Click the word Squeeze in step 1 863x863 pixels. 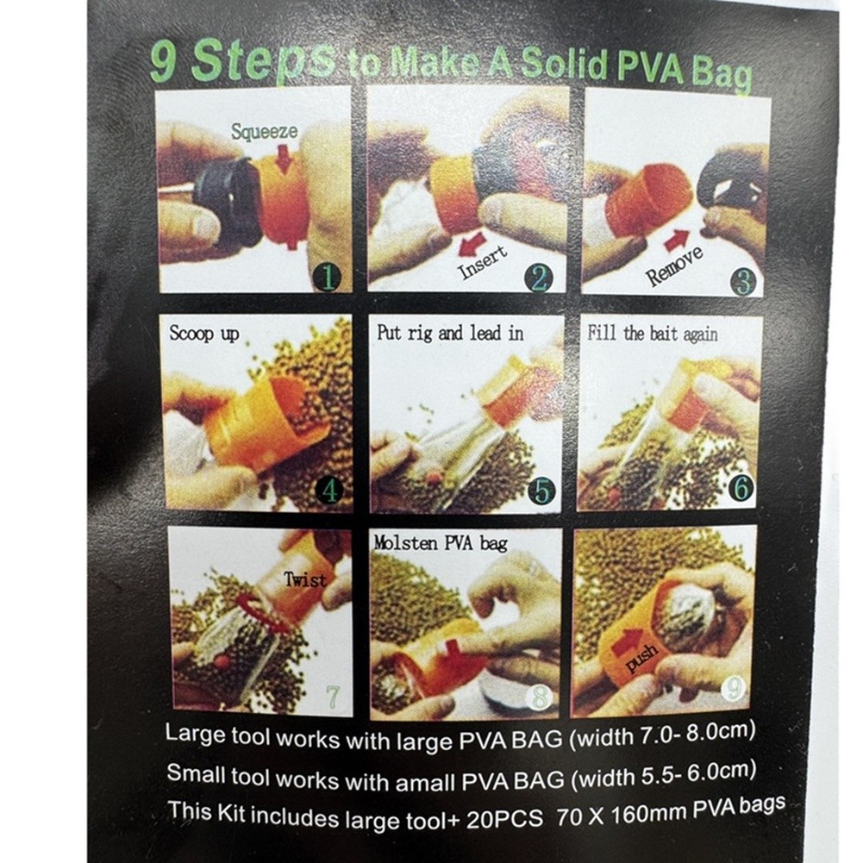point(264,132)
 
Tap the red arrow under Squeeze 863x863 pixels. point(284,160)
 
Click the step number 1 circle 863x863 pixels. point(328,277)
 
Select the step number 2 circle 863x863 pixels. point(539,278)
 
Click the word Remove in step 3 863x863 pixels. point(675,266)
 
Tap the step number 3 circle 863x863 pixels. point(743,282)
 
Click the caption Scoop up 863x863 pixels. point(204,334)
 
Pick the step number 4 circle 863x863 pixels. point(329,490)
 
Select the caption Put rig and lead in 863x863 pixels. point(450,333)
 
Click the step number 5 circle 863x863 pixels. point(542,491)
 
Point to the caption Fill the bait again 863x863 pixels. point(653,334)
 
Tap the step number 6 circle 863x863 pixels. point(741,487)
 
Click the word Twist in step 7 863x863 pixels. point(305,579)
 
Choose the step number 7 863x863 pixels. point(333,697)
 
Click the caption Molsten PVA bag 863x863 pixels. point(441,543)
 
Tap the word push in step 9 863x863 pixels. point(642,658)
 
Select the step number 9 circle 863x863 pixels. point(735,688)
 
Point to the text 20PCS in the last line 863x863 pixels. point(504,820)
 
